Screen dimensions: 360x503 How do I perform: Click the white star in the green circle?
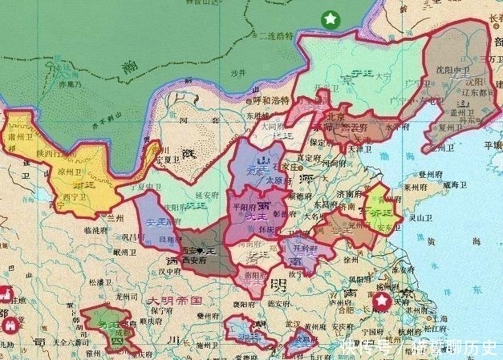[330, 19]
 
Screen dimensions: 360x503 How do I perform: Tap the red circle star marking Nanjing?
[383, 301]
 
